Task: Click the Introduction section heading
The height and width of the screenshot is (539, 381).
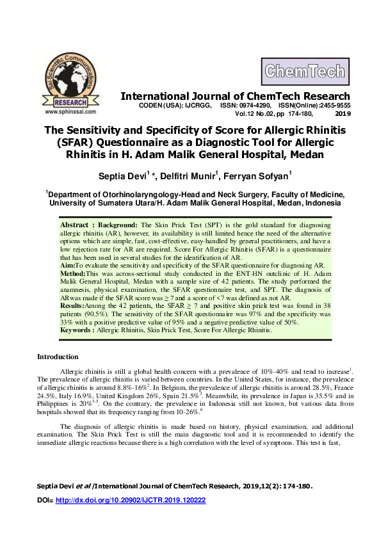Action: [58, 357]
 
